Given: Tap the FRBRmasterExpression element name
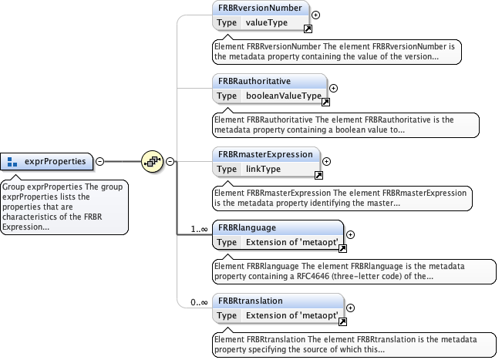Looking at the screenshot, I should (x=265, y=153).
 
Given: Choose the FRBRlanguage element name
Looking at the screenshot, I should (x=247, y=227).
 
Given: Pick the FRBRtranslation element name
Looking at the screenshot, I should (x=250, y=300).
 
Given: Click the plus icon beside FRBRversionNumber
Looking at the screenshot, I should (x=316, y=15).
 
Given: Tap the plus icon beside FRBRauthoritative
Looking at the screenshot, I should (x=333, y=88).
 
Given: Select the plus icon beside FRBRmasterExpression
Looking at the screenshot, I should (x=326, y=161).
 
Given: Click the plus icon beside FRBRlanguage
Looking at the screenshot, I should (x=350, y=234).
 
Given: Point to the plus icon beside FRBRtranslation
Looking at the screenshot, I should (x=350, y=308).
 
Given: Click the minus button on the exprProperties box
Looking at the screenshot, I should (x=99, y=161).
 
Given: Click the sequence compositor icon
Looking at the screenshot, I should (x=153, y=162).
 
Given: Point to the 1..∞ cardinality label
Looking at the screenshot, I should (x=198, y=229).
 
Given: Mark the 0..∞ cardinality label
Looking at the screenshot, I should (x=198, y=302).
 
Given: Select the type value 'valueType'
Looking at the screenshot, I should (x=266, y=22).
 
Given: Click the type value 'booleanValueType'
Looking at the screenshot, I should (x=283, y=96).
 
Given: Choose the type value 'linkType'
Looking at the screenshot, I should (x=264, y=169).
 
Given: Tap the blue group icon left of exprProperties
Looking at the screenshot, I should (x=12, y=162).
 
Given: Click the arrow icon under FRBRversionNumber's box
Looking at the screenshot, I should (x=307, y=29).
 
